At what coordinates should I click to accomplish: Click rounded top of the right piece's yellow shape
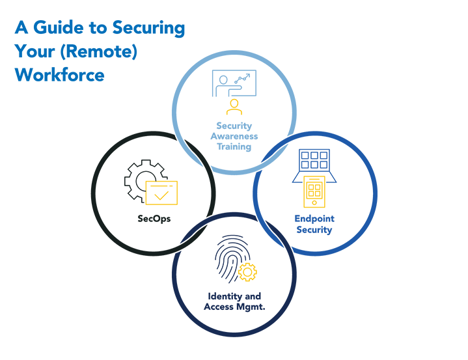pyautogui.click(x=314, y=176)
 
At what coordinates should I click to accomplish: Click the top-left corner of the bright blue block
pyautogui.click(x=14, y=20)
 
